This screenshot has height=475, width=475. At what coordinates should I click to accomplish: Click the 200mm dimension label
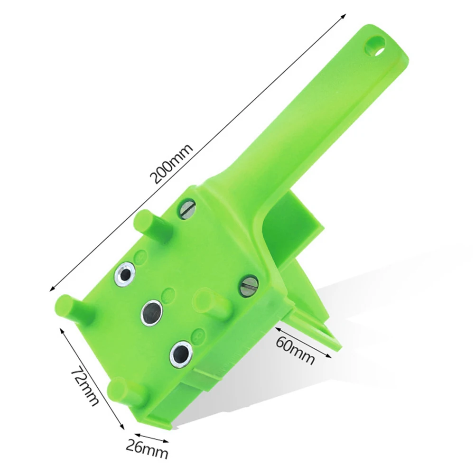coord(171,164)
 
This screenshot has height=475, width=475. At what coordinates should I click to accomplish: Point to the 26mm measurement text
coord(147,449)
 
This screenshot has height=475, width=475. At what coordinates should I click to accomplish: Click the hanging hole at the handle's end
coord(376,46)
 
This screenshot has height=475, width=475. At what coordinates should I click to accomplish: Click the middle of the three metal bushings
coord(151,311)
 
